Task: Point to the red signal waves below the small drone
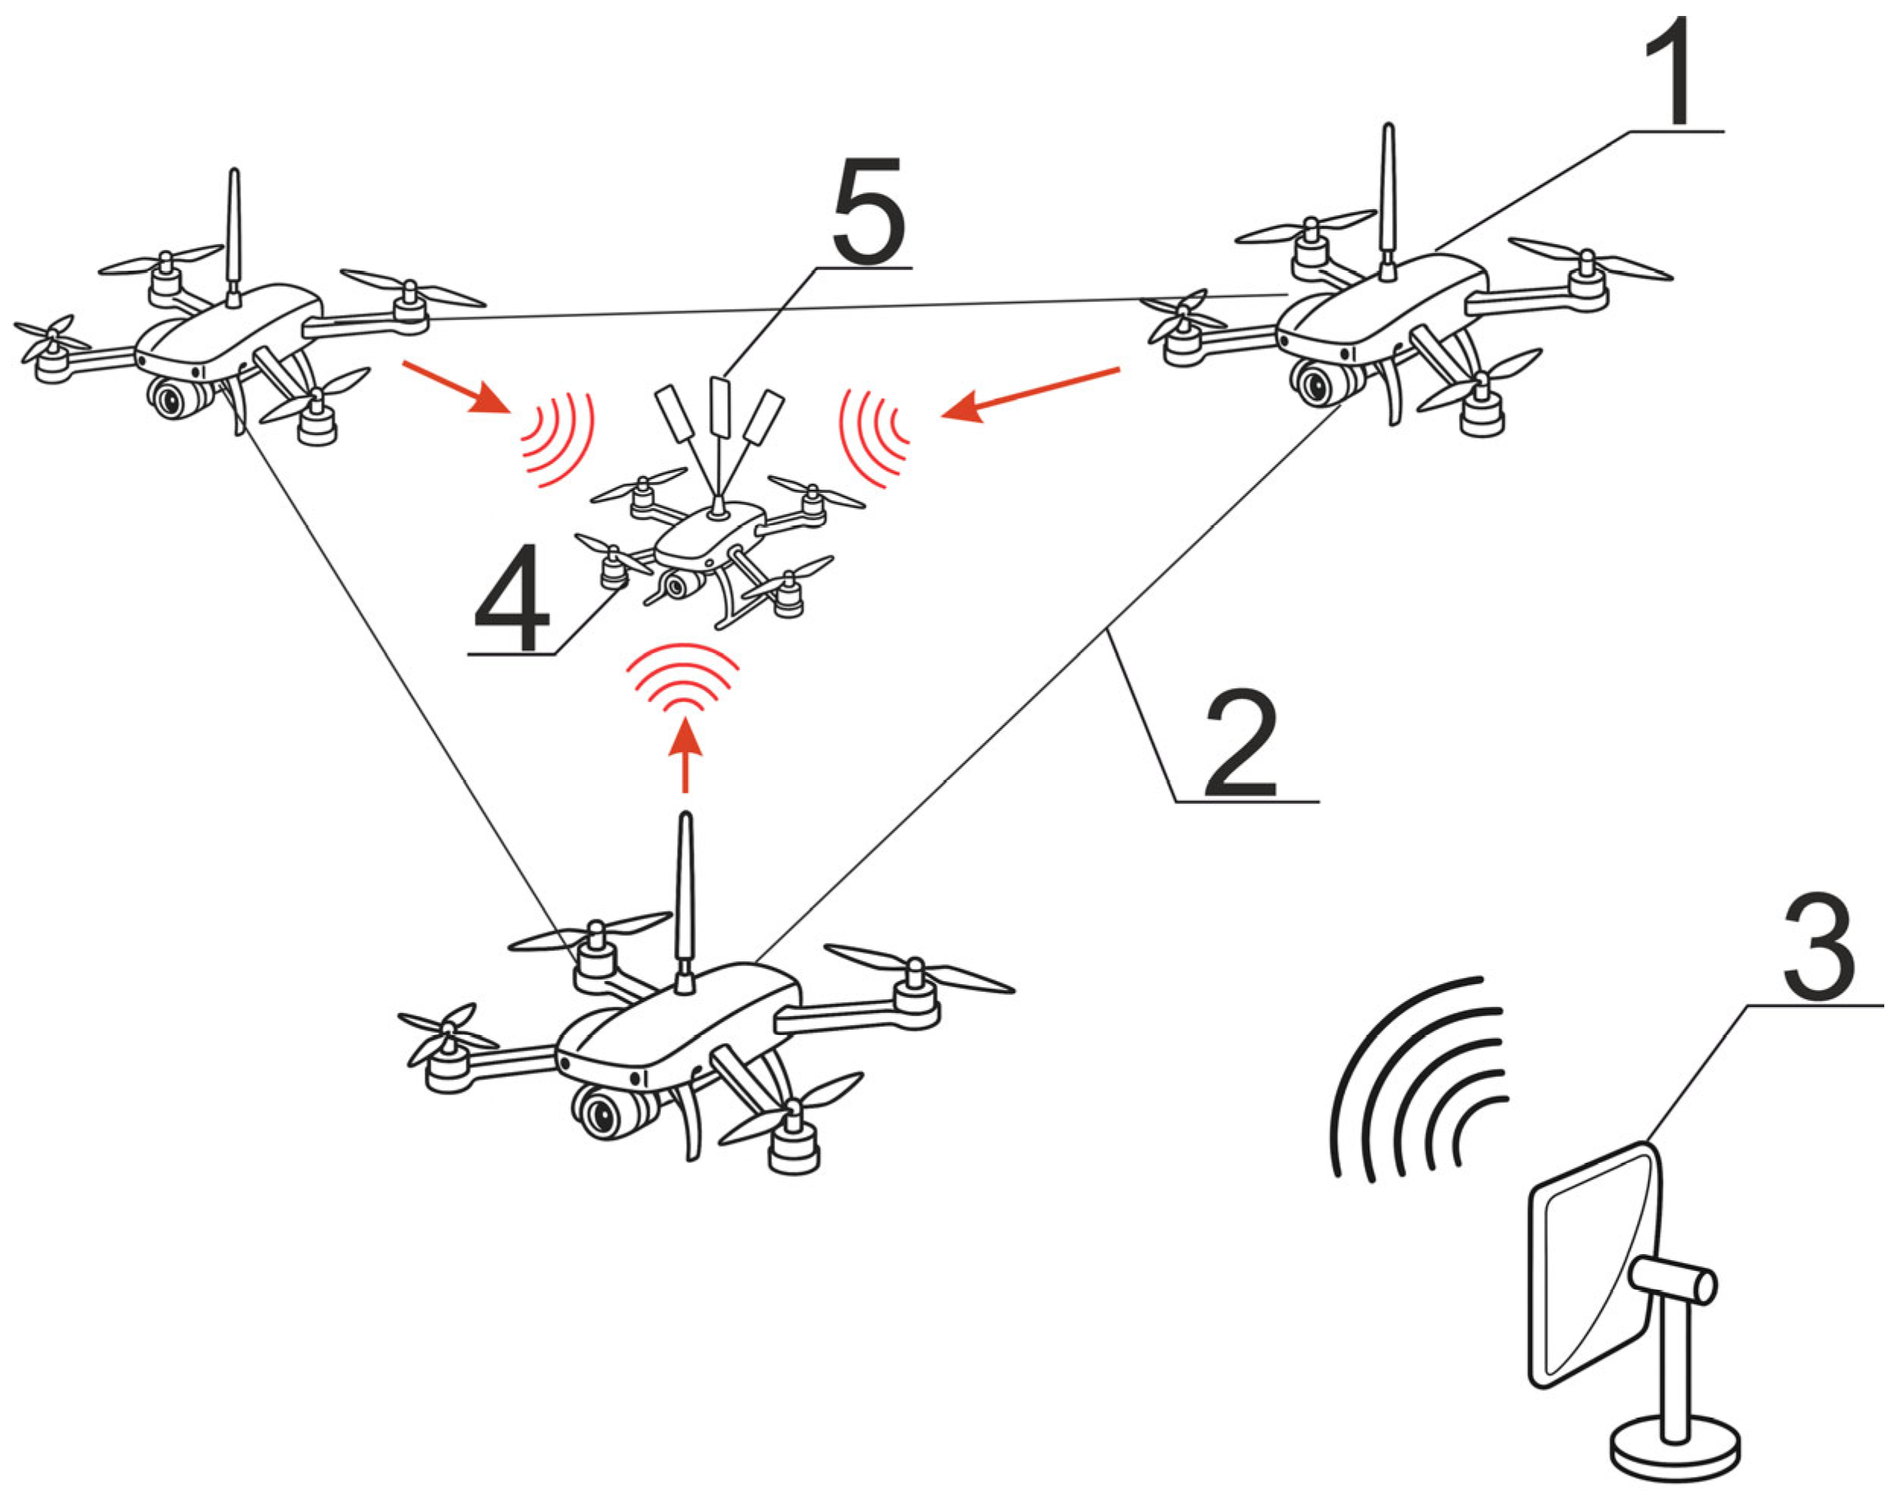682,677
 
